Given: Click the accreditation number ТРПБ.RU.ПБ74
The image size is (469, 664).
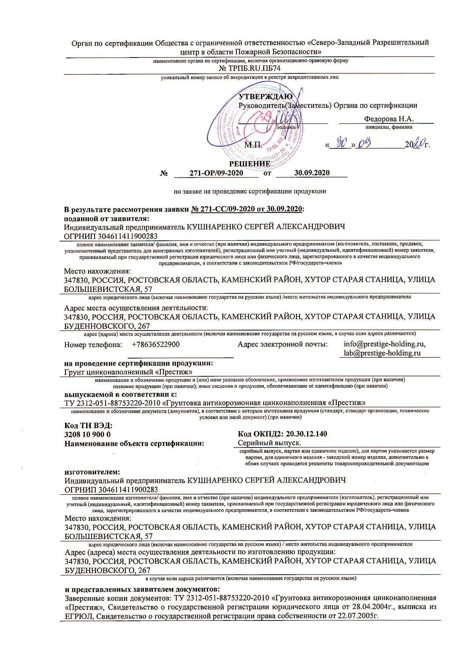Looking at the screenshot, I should click(x=250, y=68).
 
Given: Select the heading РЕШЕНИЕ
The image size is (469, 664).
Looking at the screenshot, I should click(x=250, y=164).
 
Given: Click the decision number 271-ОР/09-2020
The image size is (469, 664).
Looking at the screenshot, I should click(x=216, y=173).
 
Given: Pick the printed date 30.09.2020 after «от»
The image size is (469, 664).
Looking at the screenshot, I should click(x=312, y=173).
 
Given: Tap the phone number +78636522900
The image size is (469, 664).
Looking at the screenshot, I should click(x=156, y=344).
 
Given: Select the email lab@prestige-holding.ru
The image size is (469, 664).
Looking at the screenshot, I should click(x=382, y=353).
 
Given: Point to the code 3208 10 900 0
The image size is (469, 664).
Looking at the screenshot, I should click(x=88, y=434).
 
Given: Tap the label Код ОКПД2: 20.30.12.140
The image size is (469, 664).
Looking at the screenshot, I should click(x=283, y=434).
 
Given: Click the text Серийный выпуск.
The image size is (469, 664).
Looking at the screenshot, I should click(x=270, y=443).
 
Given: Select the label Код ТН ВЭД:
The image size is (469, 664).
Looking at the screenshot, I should click(x=89, y=426).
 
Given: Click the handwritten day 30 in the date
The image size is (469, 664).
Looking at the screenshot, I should click(x=341, y=142).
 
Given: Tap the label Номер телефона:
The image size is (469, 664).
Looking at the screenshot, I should click(x=93, y=344).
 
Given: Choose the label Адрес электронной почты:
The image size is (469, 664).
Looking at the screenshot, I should click(x=283, y=344).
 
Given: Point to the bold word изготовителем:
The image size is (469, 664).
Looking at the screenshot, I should click(x=92, y=472).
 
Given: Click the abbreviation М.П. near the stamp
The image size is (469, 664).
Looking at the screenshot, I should click(x=252, y=145).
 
